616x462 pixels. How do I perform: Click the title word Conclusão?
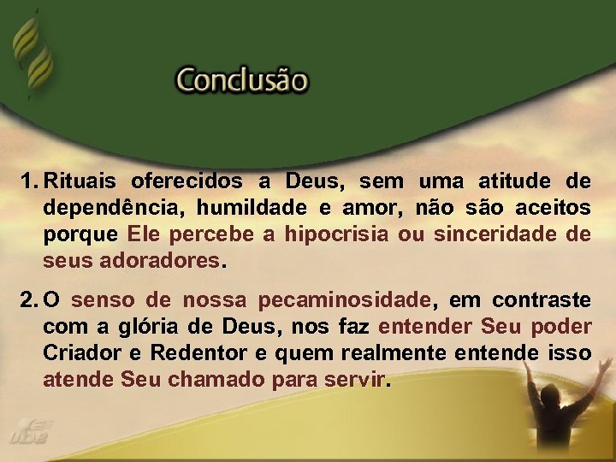coord(241,80)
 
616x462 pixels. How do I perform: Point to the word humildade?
coord(240,208)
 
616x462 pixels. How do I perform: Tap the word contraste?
coord(542,300)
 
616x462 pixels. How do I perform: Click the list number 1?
coord(27,181)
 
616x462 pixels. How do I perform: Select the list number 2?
coord(28,300)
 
